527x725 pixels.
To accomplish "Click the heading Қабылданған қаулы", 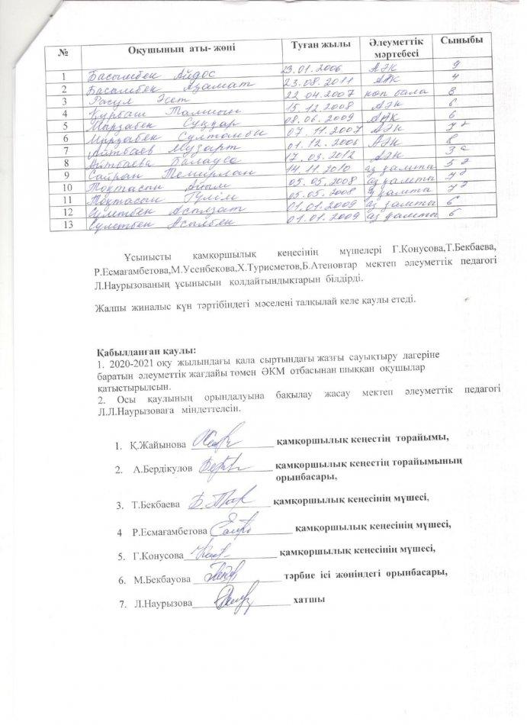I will tap(142, 349).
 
